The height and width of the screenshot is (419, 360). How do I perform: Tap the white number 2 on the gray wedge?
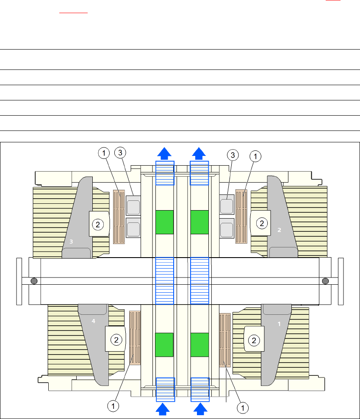[279, 230]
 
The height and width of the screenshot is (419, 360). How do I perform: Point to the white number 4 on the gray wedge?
[94, 322]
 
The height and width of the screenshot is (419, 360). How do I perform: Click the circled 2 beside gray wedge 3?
[97, 225]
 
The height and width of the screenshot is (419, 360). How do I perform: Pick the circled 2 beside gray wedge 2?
[262, 223]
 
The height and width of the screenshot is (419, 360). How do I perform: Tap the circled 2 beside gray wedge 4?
[115, 339]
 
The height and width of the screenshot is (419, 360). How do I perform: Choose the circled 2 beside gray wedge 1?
[254, 339]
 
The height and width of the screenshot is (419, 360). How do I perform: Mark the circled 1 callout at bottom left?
[113, 406]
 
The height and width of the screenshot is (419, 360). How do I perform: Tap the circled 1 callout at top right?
[255, 156]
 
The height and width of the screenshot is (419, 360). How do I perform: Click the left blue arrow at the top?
[165, 153]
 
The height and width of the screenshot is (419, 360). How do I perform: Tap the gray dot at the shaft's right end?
[325, 281]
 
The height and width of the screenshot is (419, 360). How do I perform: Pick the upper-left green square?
[164, 222]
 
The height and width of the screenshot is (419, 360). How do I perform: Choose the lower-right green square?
[199, 344]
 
